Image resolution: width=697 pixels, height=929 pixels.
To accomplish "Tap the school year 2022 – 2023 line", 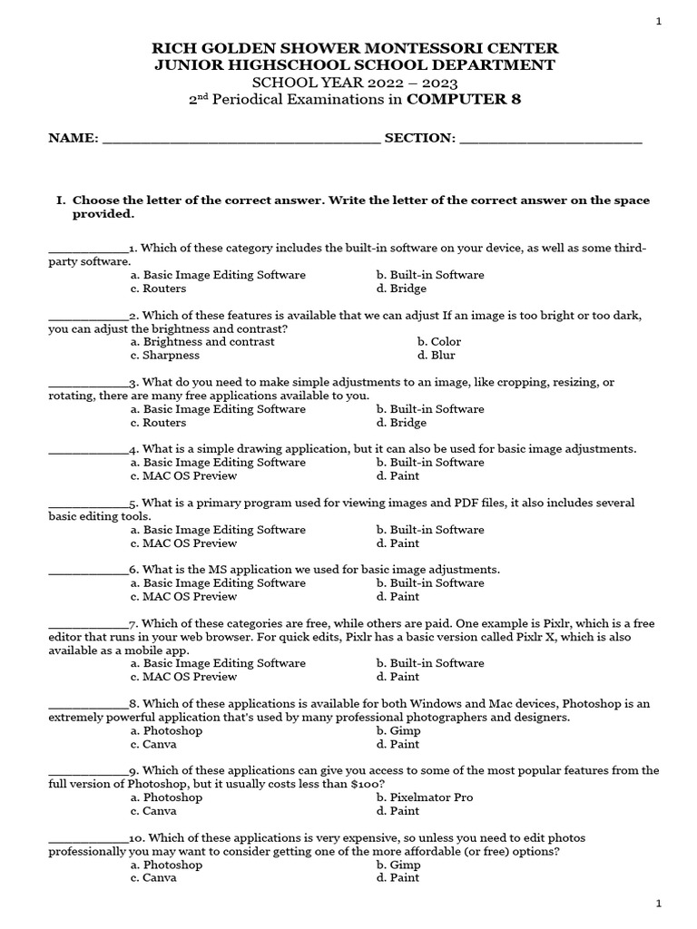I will pos(348,83).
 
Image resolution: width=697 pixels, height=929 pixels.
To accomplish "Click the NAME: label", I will pos(74,138).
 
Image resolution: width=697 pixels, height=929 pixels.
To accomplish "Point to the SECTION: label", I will pos(419,138).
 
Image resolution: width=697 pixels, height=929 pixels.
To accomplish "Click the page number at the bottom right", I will pos(658,905).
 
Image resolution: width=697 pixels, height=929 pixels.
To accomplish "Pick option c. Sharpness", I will pos(165,356).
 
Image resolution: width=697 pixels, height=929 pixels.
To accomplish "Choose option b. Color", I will pos(439,342).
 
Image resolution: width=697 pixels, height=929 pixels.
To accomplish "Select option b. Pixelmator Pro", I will pos(425,797).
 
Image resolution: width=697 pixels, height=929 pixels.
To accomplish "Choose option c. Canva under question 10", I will pos(154,878).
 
